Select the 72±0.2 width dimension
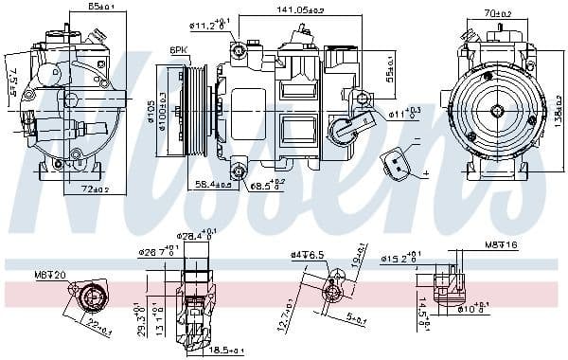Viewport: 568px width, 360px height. [x=82, y=190]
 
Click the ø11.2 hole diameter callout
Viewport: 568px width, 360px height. [x=210, y=26]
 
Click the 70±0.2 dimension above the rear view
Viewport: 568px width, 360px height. [x=498, y=13]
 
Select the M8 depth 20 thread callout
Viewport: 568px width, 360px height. [x=50, y=275]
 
